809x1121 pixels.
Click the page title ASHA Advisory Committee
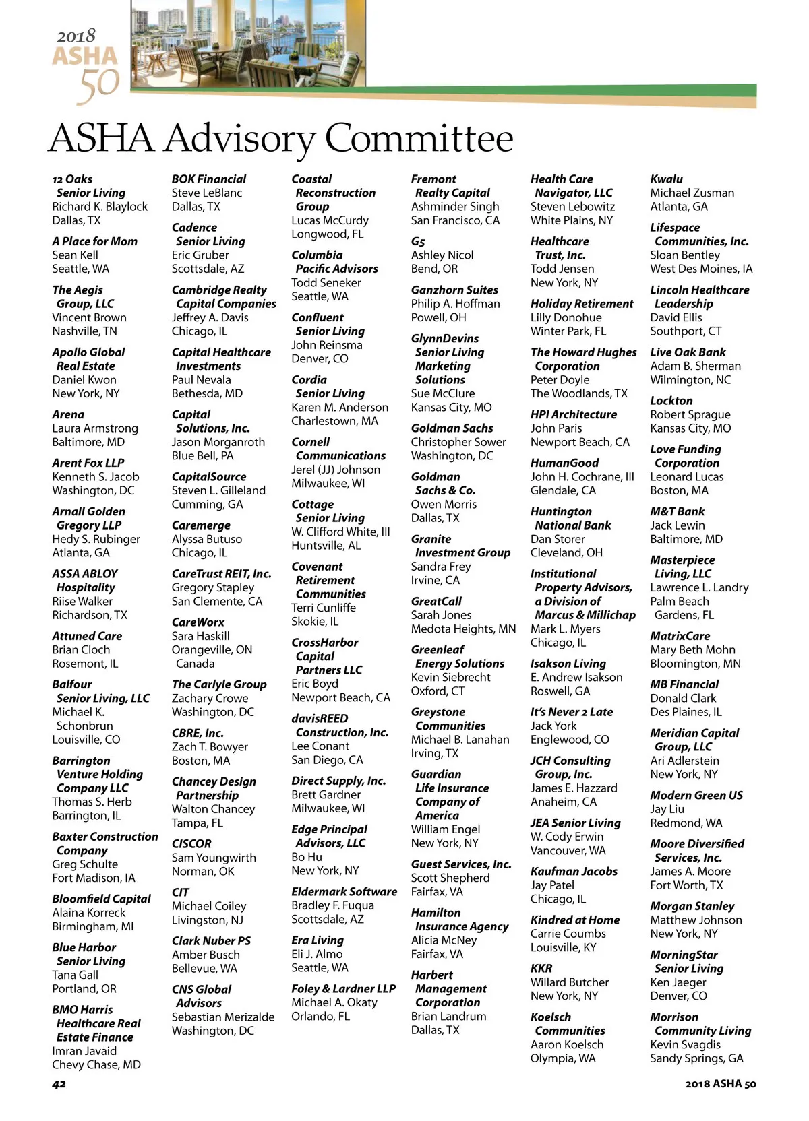[x=281, y=138]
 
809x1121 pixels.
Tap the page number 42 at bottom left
[x=59, y=1084]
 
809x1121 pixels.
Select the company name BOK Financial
[x=209, y=179]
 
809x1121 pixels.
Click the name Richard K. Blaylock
[x=100, y=207]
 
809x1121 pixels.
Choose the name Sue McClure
[x=443, y=393]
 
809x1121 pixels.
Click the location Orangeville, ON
[x=212, y=650]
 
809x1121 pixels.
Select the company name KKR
[x=541, y=969]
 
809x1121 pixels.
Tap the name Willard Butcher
[x=570, y=982]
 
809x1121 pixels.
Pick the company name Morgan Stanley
[x=692, y=906]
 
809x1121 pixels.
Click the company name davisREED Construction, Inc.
[x=340, y=726]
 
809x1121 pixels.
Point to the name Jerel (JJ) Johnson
[x=336, y=470]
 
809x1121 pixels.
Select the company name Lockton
[x=671, y=401]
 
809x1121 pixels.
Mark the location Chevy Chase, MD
[x=96, y=1065]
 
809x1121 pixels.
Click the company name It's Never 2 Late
[x=572, y=712]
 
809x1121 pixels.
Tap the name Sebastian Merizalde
[x=223, y=1017]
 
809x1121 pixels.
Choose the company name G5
[x=418, y=241]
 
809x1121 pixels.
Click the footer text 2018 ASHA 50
[x=721, y=1084]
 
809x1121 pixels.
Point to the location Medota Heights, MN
[x=463, y=629]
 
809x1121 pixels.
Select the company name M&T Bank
[x=678, y=511]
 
